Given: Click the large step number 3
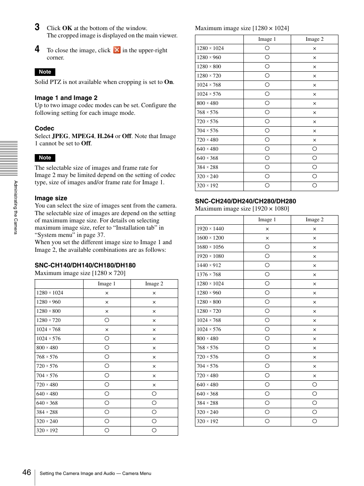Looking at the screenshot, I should point(37,27).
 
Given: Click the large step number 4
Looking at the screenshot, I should point(37,49).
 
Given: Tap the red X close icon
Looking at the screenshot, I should point(117,50).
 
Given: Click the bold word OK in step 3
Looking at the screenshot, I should point(67,28).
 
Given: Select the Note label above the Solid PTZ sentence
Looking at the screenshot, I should point(45,72).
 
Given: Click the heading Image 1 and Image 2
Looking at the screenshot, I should point(66,98).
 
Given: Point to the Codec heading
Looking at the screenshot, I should point(44,129).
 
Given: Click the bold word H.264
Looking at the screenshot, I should point(105,136).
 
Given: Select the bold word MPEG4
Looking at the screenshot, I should point(83,136).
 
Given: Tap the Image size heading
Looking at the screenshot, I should point(51,198).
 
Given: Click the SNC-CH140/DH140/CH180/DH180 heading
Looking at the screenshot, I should point(85,266).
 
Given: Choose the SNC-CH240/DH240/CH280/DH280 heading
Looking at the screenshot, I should point(245,201).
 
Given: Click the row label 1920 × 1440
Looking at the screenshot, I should point(210,229).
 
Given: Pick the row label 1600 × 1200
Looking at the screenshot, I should point(210,238).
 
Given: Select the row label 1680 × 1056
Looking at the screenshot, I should point(210,247).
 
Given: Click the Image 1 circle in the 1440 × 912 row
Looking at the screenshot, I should point(267,265).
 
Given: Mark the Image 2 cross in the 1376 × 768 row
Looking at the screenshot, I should point(314,275).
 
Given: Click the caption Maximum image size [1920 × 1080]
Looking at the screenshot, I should point(242,209).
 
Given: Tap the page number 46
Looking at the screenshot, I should point(27,472).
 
